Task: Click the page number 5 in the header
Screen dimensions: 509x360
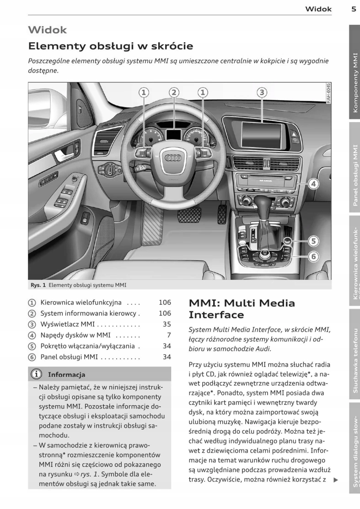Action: [x=354, y=8]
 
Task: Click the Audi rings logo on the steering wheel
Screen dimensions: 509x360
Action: [x=173, y=157]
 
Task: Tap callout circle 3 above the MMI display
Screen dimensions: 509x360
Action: [x=261, y=93]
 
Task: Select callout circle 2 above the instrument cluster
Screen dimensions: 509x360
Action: [x=173, y=93]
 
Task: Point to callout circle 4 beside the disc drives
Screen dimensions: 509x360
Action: [x=313, y=184]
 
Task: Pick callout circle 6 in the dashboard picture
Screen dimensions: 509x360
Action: [x=313, y=256]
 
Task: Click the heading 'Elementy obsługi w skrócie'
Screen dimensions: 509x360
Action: [x=111, y=46]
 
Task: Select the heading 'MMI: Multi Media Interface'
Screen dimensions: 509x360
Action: [x=242, y=309]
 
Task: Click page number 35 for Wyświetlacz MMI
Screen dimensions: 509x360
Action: [x=167, y=324]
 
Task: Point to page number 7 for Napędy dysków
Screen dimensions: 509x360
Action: [x=168, y=335]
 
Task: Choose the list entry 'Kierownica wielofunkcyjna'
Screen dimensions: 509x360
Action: [x=81, y=302]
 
